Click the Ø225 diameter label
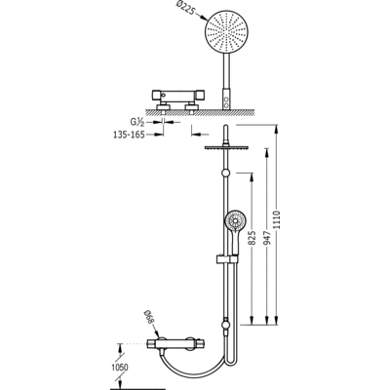pos(186,9)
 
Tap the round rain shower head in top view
pos(226,31)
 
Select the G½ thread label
pos(136,122)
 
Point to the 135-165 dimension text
pos(129,135)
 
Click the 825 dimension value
pos(254,238)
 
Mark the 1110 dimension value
pos(277,219)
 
